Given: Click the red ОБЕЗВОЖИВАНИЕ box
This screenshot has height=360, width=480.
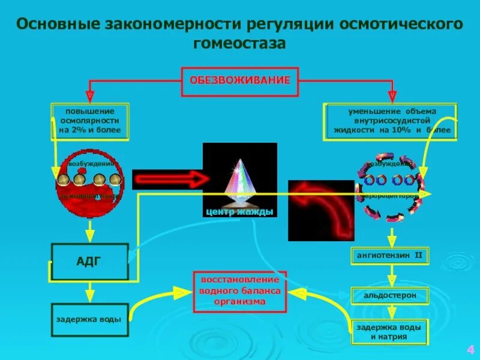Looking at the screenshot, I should pos(240,80).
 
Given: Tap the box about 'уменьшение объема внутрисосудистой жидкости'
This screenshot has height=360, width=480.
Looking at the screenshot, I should pos(392,121).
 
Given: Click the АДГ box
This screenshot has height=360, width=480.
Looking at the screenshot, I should pos(89,261).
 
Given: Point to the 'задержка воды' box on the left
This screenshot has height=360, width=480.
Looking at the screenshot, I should pos(89,319).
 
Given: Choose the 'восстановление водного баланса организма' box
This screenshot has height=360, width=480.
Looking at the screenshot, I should pos(239,291).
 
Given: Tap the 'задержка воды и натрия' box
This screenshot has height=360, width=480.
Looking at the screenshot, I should pos(389,332).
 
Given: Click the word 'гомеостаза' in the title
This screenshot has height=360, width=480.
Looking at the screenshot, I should pos(240,44).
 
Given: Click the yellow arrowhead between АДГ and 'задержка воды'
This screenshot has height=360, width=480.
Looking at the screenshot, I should pos(89,295).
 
